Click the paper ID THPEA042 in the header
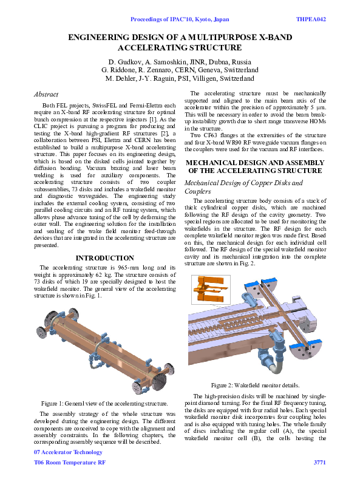[x=311, y=19]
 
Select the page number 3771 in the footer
[x=320, y=463]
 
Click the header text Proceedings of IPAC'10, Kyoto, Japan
[x=180, y=19]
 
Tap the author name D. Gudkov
[x=126, y=62]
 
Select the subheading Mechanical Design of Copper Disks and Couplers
[x=243, y=186]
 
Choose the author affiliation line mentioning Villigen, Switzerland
[x=180, y=78]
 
